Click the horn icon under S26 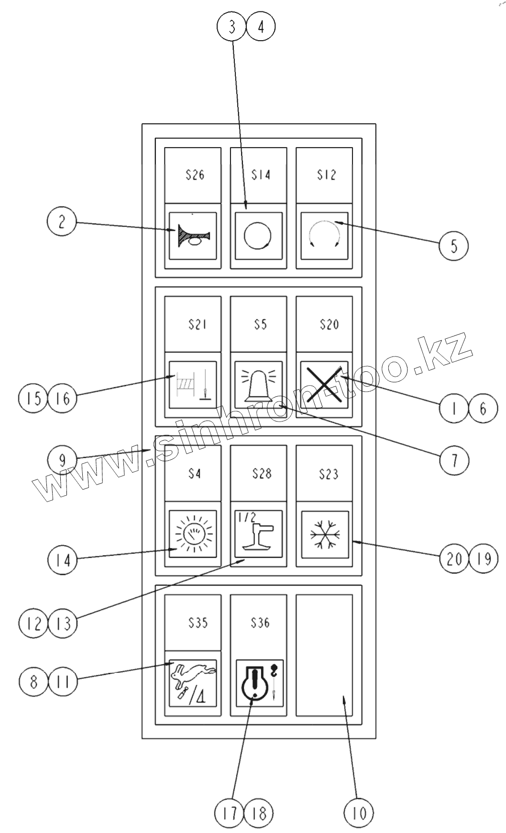(193, 236)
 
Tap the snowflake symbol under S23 (325, 534)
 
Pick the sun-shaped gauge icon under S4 (193, 534)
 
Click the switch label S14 (261, 175)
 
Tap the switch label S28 (262, 474)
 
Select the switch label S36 (260, 623)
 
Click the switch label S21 (197, 325)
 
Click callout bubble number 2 (62, 222)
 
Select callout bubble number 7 (454, 460)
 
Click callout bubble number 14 (62, 560)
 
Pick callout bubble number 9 (62, 460)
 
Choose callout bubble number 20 (454, 558)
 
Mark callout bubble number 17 (229, 812)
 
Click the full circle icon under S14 (257, 236)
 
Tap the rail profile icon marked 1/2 (258, 534)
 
